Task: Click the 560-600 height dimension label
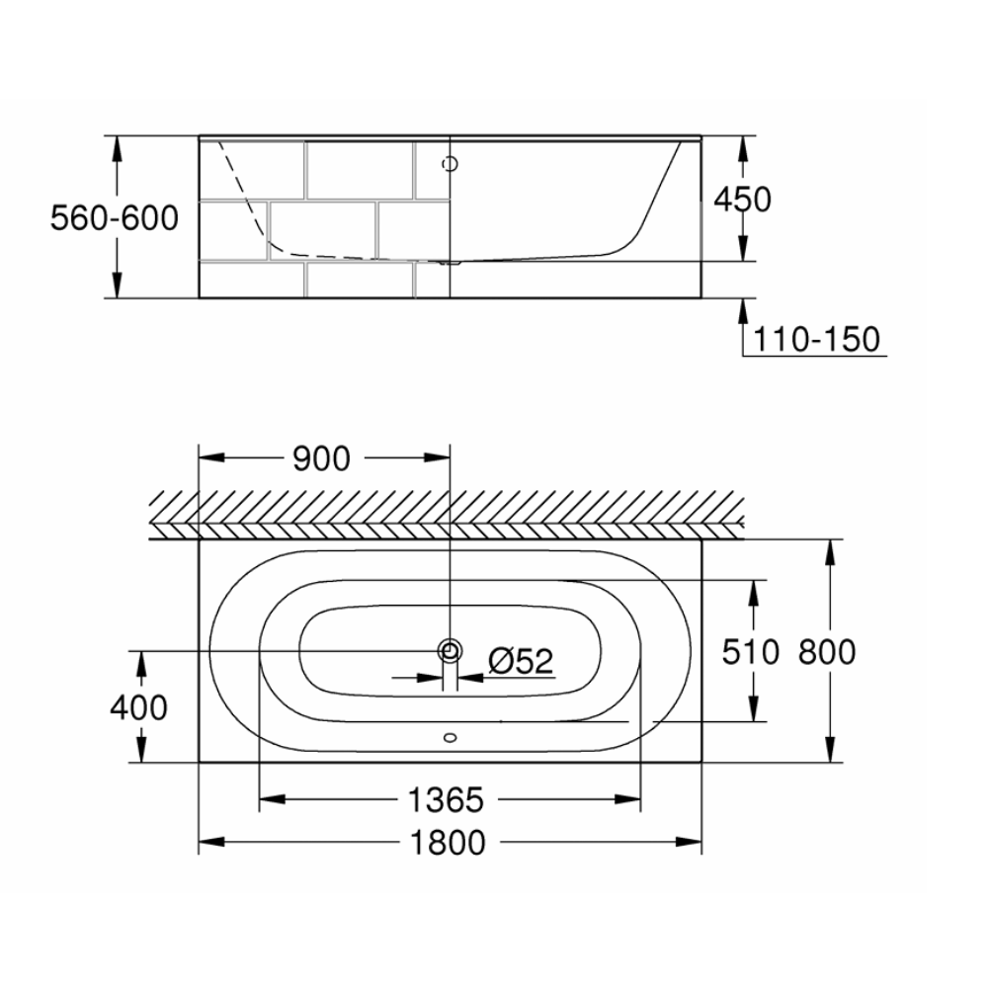(x=115, y=218)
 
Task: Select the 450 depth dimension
(x=742, y=200)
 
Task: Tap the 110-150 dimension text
(x=816, y=339)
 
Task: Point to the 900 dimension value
(x=321, y=458)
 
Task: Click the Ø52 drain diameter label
(x=521, y=661)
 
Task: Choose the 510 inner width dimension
(x=751, y=651)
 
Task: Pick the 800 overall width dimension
(x=827, y=651)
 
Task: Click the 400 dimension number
(x=138, y=707)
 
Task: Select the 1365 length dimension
(x=446, y=800)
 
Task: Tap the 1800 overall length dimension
(x=448, y=843)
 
